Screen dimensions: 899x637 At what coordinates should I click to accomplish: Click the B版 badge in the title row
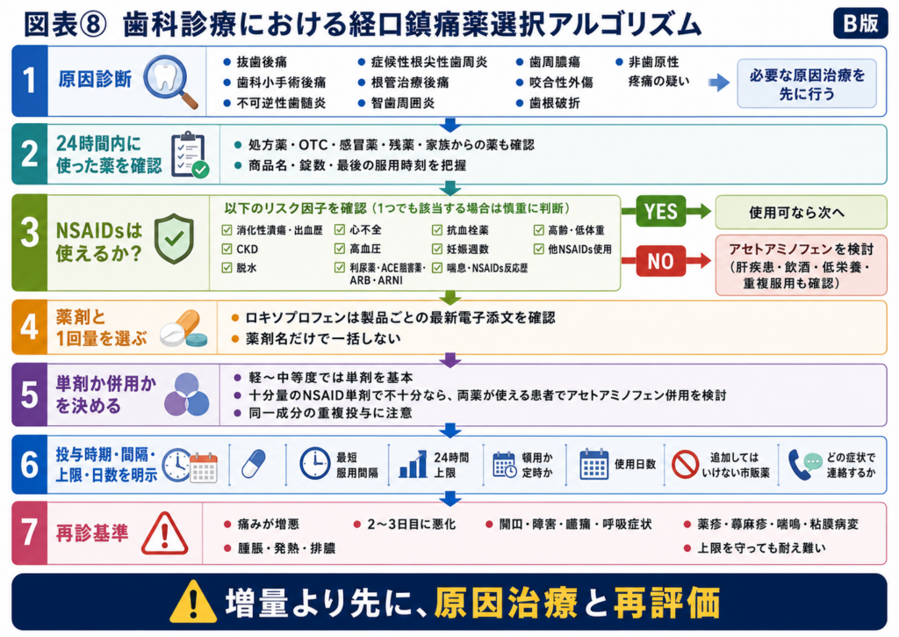[x=860, y=23]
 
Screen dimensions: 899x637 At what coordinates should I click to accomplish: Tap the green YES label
[x=660, y=211]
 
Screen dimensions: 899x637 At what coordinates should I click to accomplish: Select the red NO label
[x=660, y=261]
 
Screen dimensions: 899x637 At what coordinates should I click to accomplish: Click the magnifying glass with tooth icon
[x=170, y=81]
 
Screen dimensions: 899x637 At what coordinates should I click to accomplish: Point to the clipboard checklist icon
[x=190, y=155]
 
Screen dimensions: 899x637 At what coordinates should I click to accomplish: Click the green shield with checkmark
[x=174, y=238]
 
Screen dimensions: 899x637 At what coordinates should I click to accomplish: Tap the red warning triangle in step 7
[x=164, y=533]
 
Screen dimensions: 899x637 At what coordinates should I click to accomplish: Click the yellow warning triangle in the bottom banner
[x=193, y=602]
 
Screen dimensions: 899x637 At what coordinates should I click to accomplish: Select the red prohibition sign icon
[x=685, y=464]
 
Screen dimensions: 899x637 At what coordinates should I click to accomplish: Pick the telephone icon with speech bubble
[x=805, y=464]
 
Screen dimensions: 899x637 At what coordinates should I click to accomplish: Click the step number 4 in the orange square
[x=29, y=327]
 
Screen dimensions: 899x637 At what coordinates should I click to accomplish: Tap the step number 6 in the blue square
[x=29, y=464]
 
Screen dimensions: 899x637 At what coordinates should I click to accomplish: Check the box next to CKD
[x=227, y=249]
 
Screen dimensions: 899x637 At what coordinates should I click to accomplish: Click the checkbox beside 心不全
[x=340, y=229]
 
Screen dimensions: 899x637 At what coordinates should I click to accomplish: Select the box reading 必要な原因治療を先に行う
[x=807, y=83]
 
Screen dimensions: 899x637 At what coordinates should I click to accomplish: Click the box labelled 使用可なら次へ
[x=801, y=213]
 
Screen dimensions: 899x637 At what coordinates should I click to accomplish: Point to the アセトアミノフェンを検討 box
[x=801, y=265]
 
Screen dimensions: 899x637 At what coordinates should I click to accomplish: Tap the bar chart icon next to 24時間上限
[x=413, y=464]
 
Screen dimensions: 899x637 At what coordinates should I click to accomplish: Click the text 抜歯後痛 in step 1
[x=262, y=62]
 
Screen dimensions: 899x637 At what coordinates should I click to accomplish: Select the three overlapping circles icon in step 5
[x=187, y=395]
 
